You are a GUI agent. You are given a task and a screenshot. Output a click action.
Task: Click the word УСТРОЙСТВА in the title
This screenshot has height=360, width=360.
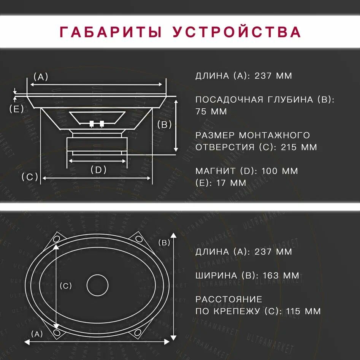(237, 32)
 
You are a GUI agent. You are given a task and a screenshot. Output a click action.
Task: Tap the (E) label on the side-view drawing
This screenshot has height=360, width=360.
(16, 109)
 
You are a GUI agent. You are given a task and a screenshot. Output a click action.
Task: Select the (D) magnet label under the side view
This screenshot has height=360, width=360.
(98, 170)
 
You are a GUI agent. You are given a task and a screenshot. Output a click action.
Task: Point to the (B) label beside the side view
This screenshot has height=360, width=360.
(164, 124)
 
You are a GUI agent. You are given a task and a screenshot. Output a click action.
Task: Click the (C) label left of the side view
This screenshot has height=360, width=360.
(30, 177)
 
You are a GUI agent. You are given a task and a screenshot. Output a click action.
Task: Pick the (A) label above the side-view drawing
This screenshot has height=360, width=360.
(41, 77)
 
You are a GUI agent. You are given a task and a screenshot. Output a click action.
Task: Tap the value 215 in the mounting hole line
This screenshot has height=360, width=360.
(289, 147)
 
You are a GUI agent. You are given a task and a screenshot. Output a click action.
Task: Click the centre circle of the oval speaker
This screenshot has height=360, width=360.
(98, 285)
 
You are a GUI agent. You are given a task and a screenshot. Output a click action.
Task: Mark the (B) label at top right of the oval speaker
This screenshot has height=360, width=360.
(164, 243)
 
